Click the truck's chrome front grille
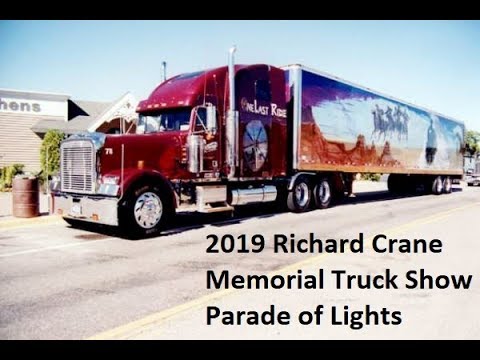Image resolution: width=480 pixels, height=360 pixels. click(78, 167)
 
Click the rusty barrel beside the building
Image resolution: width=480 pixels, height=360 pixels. click(25, 197)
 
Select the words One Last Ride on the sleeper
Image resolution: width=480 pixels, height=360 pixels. click(263, 108)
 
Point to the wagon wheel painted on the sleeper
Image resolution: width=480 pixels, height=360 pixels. click(256, 145)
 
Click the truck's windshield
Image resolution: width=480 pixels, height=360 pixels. click(166, 121)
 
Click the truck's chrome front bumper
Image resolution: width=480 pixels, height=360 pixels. click(85, 208)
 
